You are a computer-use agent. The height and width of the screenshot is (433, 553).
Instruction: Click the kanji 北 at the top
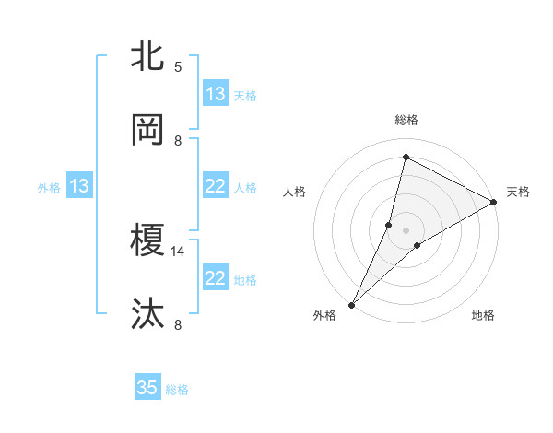pyautogui.click(x=147, y=56)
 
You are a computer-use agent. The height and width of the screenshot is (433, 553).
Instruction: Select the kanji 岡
pyautogui.click(x=147, y=130)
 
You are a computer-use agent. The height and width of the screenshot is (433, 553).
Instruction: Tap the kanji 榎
pyautogui.click(x=147, y=241)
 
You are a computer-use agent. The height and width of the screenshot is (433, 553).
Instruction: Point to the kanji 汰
pyautogui.click(x=147, y=314)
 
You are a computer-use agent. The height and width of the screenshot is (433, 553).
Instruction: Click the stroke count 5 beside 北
pyautogui.click(x=178, y=66)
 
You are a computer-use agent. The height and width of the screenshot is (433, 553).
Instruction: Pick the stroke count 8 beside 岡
pyautogui.click(x=178, y=141)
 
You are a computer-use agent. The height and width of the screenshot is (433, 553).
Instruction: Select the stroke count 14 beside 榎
pyautogui.click(x=178, y=251)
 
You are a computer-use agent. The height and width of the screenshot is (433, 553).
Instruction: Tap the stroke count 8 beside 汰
pyautogui.click(x=178, y=324)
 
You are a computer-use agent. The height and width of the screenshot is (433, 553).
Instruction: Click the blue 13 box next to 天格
pyautogui.click(x=216, y=93)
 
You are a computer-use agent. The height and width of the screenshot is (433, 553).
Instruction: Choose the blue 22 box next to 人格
pyautogui.click(x=216, y=186)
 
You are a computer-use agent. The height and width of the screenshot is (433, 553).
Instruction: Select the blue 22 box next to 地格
pyautogui.click(x=216, y=278)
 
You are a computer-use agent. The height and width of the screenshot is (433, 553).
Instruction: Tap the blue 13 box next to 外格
pyautogui.click(x=79, y=186)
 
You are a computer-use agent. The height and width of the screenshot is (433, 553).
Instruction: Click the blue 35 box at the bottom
pyautogui.click(x=147, y=388)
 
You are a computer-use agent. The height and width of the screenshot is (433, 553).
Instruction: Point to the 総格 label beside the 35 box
pyautogui.click(x=177, y=390)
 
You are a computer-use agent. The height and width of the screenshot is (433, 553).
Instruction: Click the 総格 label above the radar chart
pyautogui.click(x=406, y=120)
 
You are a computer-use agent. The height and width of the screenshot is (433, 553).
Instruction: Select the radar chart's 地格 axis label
pyautogui.click(x=483, y=316)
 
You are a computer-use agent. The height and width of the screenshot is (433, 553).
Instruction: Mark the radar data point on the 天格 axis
pyautogui.click(x=494, y=203)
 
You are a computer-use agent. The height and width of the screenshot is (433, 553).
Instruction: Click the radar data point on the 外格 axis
pyautogui.click(x=351, y=305)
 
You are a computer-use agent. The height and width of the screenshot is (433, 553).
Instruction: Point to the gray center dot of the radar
pyautogui.click(x=406, y=229)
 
